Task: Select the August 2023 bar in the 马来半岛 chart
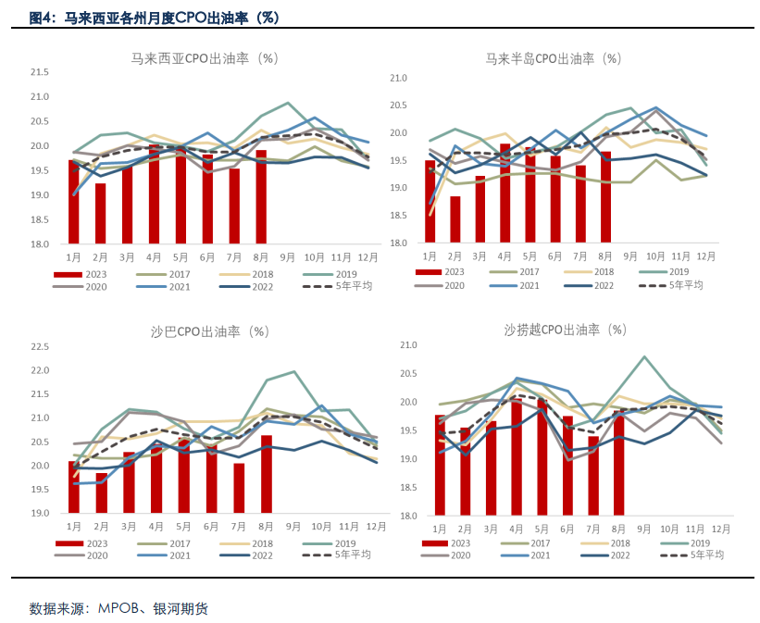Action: click(605, 197)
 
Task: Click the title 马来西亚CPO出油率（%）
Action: click(204, 58)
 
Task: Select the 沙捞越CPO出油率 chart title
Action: click(565, 330)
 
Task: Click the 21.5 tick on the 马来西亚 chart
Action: click(39, 72)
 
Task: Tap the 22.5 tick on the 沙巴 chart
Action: click(39, 347)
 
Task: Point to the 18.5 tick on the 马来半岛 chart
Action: click(398, 216)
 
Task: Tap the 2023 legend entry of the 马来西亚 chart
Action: click(84, 274)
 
